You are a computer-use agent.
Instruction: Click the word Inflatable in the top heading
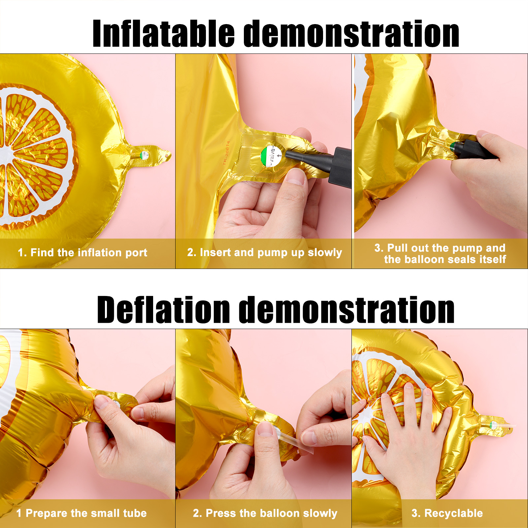click(x=164, y=33)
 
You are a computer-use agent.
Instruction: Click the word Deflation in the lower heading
click(x=163, y=309)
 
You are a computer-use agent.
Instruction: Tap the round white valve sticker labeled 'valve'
click(x=271, y=155)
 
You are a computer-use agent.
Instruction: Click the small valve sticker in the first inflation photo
click(x=144, y=155)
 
